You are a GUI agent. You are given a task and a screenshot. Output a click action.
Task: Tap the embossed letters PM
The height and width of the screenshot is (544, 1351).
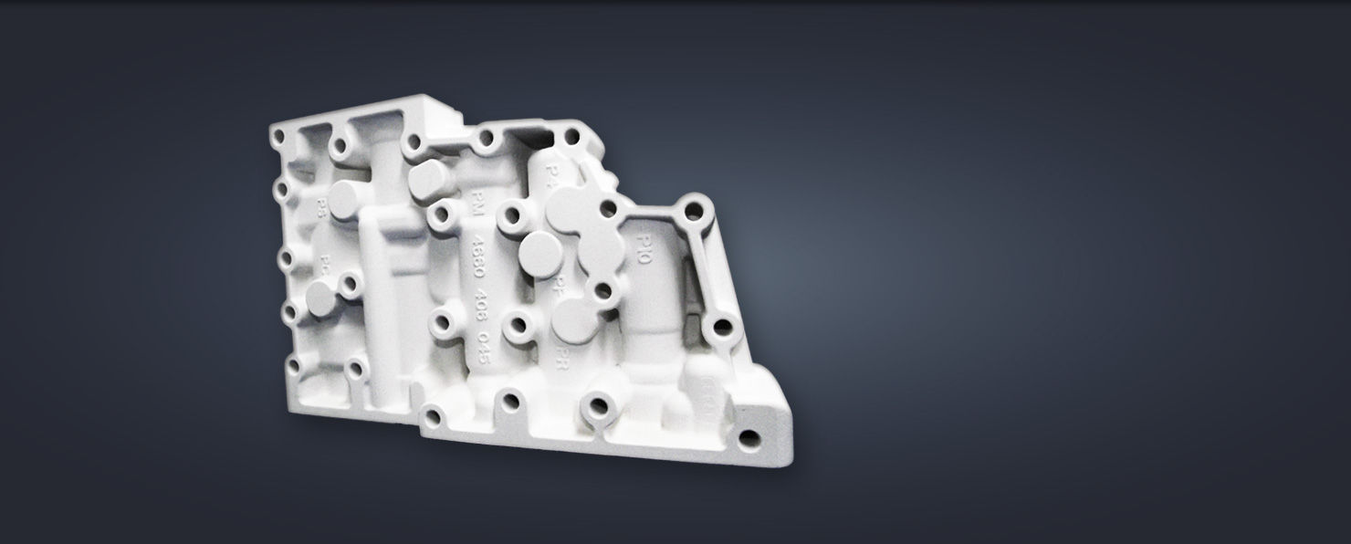[x=475, y=203]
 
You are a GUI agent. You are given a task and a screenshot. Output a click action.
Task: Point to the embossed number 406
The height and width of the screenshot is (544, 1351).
[x=481, y=305]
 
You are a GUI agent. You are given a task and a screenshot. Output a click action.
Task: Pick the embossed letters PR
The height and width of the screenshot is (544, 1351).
[x=563, y=351]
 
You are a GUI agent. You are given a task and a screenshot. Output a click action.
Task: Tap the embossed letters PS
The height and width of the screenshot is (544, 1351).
[x=320, y=205]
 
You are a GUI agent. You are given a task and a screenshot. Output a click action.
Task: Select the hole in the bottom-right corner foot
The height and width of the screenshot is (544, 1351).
[x=750, y=439]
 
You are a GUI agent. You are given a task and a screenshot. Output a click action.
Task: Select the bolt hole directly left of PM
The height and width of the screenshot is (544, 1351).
[x=444, y=214]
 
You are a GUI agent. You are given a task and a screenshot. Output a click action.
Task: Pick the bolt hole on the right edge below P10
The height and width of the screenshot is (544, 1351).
[x=721, y=326]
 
